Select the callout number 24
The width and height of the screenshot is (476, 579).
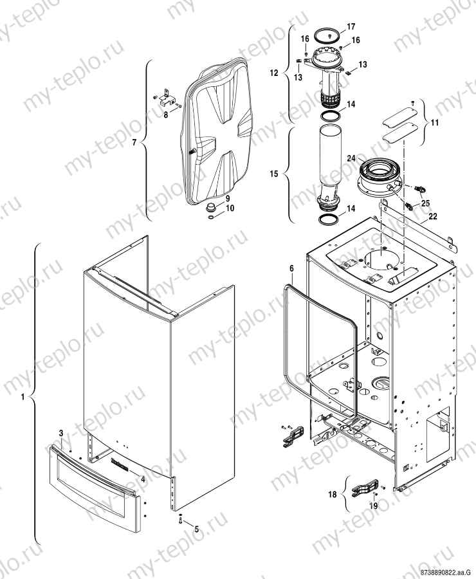[x=352, y=156]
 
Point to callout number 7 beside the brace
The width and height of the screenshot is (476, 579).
[x=134, y=142]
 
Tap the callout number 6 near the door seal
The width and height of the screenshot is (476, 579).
[x=291, y=267]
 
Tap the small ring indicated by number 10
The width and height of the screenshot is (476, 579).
[x=212, y=218]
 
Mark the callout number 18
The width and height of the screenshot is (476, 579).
[x=333, y=494]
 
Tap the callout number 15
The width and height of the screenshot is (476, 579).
[x=274, y=174]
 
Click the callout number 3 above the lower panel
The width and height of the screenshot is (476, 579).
[x=61, y=434]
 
